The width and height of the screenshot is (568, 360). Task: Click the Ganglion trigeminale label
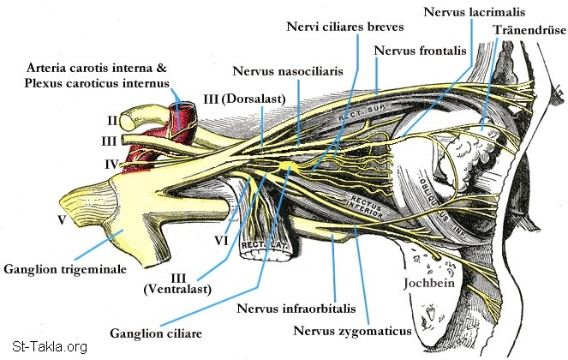(x=65, y=268)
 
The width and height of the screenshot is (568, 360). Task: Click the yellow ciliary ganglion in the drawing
(x=285, y=164)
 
